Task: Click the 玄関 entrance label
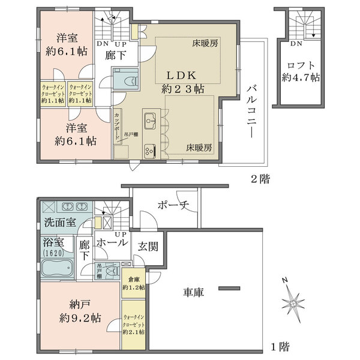(148, 245)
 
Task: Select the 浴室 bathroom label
(53, 242)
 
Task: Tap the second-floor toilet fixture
(124, 79)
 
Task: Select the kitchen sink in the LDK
(150, 116)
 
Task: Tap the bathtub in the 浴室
(55, 268)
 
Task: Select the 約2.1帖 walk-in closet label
(133, 323)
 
